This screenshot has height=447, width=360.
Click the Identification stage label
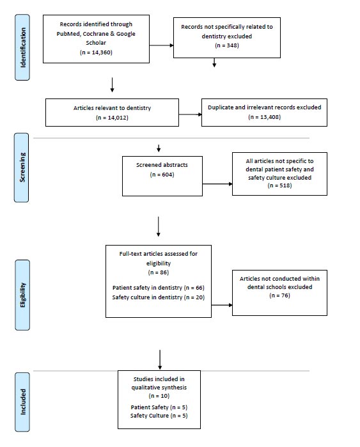pos(22,47)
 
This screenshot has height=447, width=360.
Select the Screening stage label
pos(22,168)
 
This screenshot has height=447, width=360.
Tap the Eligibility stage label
pos(22,295)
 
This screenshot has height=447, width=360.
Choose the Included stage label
pos(22,402)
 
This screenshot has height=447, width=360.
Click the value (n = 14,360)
pos(96,52)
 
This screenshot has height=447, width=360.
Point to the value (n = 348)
pos(227,45)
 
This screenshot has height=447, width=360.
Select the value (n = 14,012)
pos(112,118)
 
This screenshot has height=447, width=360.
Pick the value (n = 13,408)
pos(265,117)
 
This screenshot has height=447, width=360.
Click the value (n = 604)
pos(162,175)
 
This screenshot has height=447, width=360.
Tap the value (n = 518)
pos(279,185)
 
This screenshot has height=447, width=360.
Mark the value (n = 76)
pos(279,295)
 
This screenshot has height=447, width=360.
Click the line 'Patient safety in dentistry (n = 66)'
pos(159,288)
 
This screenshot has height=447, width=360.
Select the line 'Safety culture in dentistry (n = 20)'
pos(159,297)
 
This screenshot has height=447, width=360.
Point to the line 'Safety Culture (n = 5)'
pos(159,416)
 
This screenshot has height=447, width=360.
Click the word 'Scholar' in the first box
pos(96,43)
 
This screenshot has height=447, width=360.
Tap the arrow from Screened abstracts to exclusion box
pos(217,184)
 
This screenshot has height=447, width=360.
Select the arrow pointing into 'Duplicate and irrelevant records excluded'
pos(191,114)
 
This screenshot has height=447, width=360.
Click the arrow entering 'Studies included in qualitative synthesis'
pos(160,360)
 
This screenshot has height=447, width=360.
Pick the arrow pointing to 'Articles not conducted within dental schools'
pos(222,305)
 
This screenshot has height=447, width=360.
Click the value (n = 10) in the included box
pos(159,396)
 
